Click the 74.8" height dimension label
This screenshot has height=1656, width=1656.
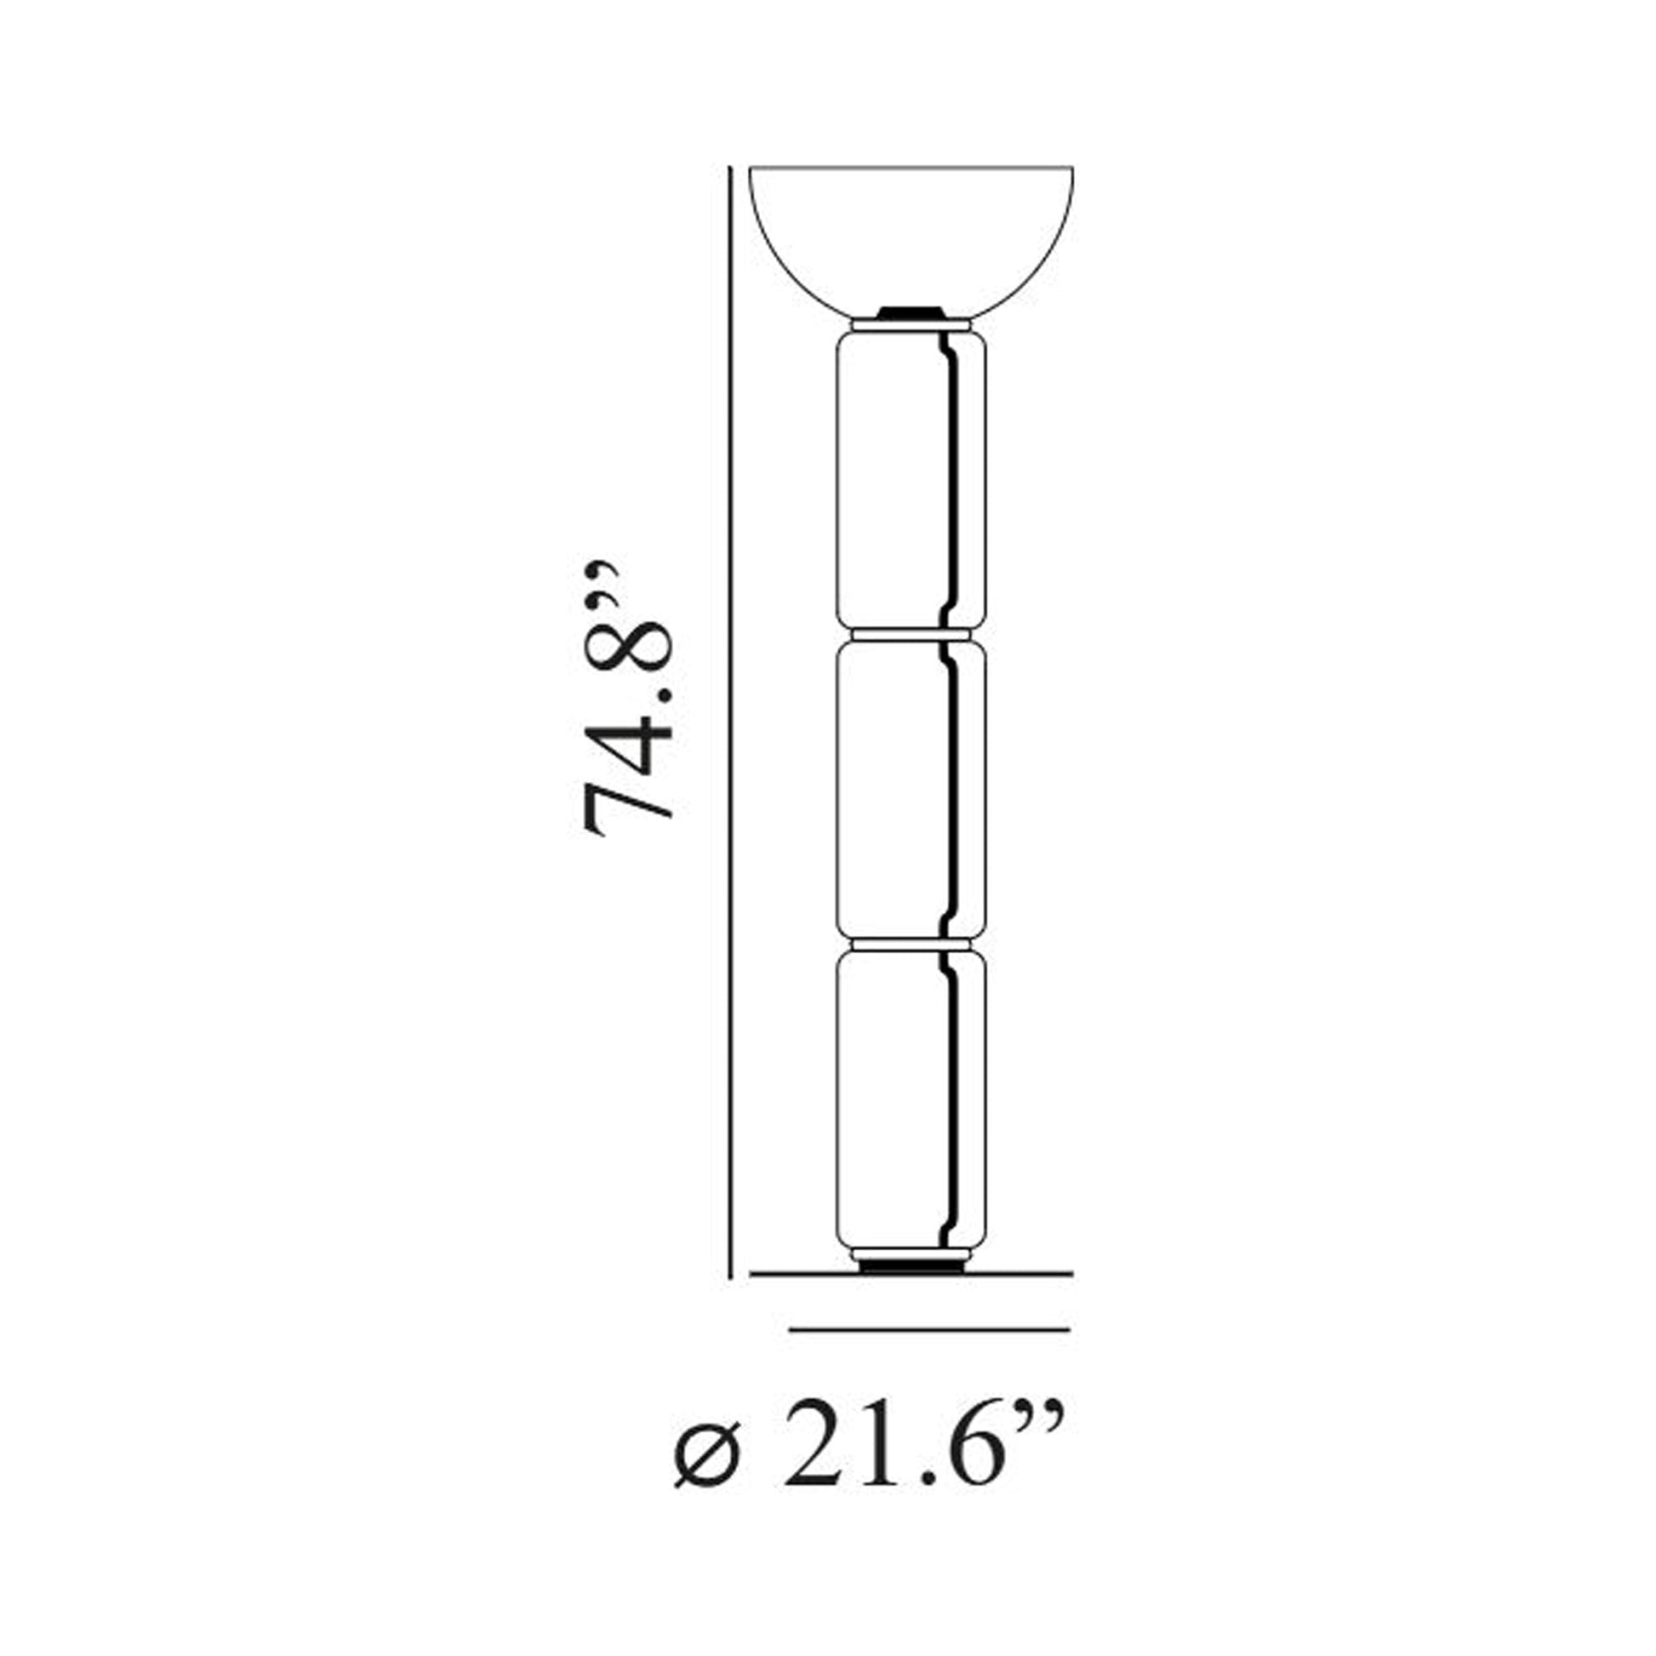point(625,699)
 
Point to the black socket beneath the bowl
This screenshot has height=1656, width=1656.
point(911,312)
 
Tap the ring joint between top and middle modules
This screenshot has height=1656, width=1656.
point(911,634)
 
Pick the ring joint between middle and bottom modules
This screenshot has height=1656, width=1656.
point(911,943)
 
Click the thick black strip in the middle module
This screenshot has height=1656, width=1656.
point(951,789)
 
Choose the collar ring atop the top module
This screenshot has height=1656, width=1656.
point(911,327)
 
